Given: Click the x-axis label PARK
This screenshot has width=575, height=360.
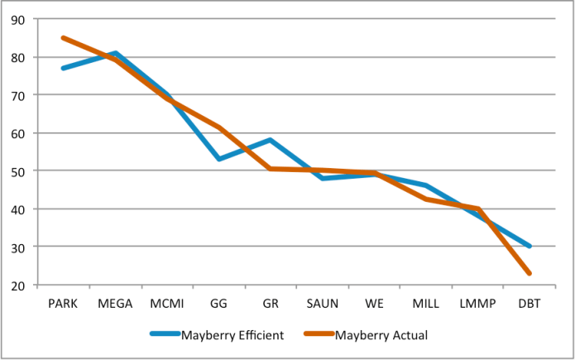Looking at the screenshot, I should (x=63, y=303).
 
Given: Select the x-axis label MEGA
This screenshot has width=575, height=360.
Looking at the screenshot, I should (x=115, y=303).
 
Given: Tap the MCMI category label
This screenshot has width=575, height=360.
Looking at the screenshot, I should (x=167, y=303).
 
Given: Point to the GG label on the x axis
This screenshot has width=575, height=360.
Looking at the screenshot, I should (x=218, y=303).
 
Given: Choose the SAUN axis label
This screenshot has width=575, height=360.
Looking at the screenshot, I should (x=322, y=303).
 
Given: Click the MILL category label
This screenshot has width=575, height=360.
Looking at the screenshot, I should (x=425, y=303).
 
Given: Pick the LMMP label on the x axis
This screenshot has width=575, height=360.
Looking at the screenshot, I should (x=477, y=303).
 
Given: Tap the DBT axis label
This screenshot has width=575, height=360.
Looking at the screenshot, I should (x=529, y=303).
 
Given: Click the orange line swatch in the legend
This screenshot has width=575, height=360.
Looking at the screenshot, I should (x=319, y=334).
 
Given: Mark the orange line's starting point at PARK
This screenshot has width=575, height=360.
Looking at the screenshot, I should (x=63, y=38).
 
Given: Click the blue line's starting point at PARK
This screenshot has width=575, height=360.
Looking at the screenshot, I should (x=63, y=68).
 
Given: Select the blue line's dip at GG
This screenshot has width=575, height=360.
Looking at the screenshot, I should (x=218, y=159).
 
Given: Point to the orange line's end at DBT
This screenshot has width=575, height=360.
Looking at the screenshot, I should (x=529, y=273).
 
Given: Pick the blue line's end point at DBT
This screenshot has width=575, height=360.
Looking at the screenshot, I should (x=529, y=247).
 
